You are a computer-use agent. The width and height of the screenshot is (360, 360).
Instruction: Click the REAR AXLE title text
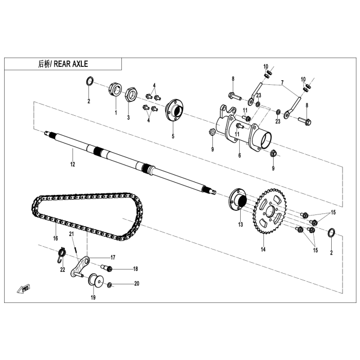coord(63,64)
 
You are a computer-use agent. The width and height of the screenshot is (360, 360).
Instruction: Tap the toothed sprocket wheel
coord(268,211)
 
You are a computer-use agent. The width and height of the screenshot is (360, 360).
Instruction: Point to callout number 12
coord(73,165)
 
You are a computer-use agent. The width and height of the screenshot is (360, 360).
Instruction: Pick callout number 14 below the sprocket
coord(263,250)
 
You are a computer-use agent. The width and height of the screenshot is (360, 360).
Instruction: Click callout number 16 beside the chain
coord(55,239)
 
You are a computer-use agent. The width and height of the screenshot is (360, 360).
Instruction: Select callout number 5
coord(173,137)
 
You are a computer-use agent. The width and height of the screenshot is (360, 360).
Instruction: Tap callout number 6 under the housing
coord(240,155)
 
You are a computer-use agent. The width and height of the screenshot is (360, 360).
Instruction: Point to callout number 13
coord(240,225)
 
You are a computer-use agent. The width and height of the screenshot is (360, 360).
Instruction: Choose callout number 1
coord(116,112)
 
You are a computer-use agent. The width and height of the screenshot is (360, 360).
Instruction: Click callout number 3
coord(128,117)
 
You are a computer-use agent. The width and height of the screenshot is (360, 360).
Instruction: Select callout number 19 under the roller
coord(94,297)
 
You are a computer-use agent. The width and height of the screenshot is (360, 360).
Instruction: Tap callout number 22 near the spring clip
coord(62,269)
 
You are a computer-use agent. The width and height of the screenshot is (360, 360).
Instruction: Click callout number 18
coord(136,269)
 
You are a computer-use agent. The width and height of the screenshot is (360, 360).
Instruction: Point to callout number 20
coord(136,283)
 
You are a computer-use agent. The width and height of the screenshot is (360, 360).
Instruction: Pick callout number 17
coord(113,257)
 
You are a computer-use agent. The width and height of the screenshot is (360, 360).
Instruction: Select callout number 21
coord(73,235)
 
